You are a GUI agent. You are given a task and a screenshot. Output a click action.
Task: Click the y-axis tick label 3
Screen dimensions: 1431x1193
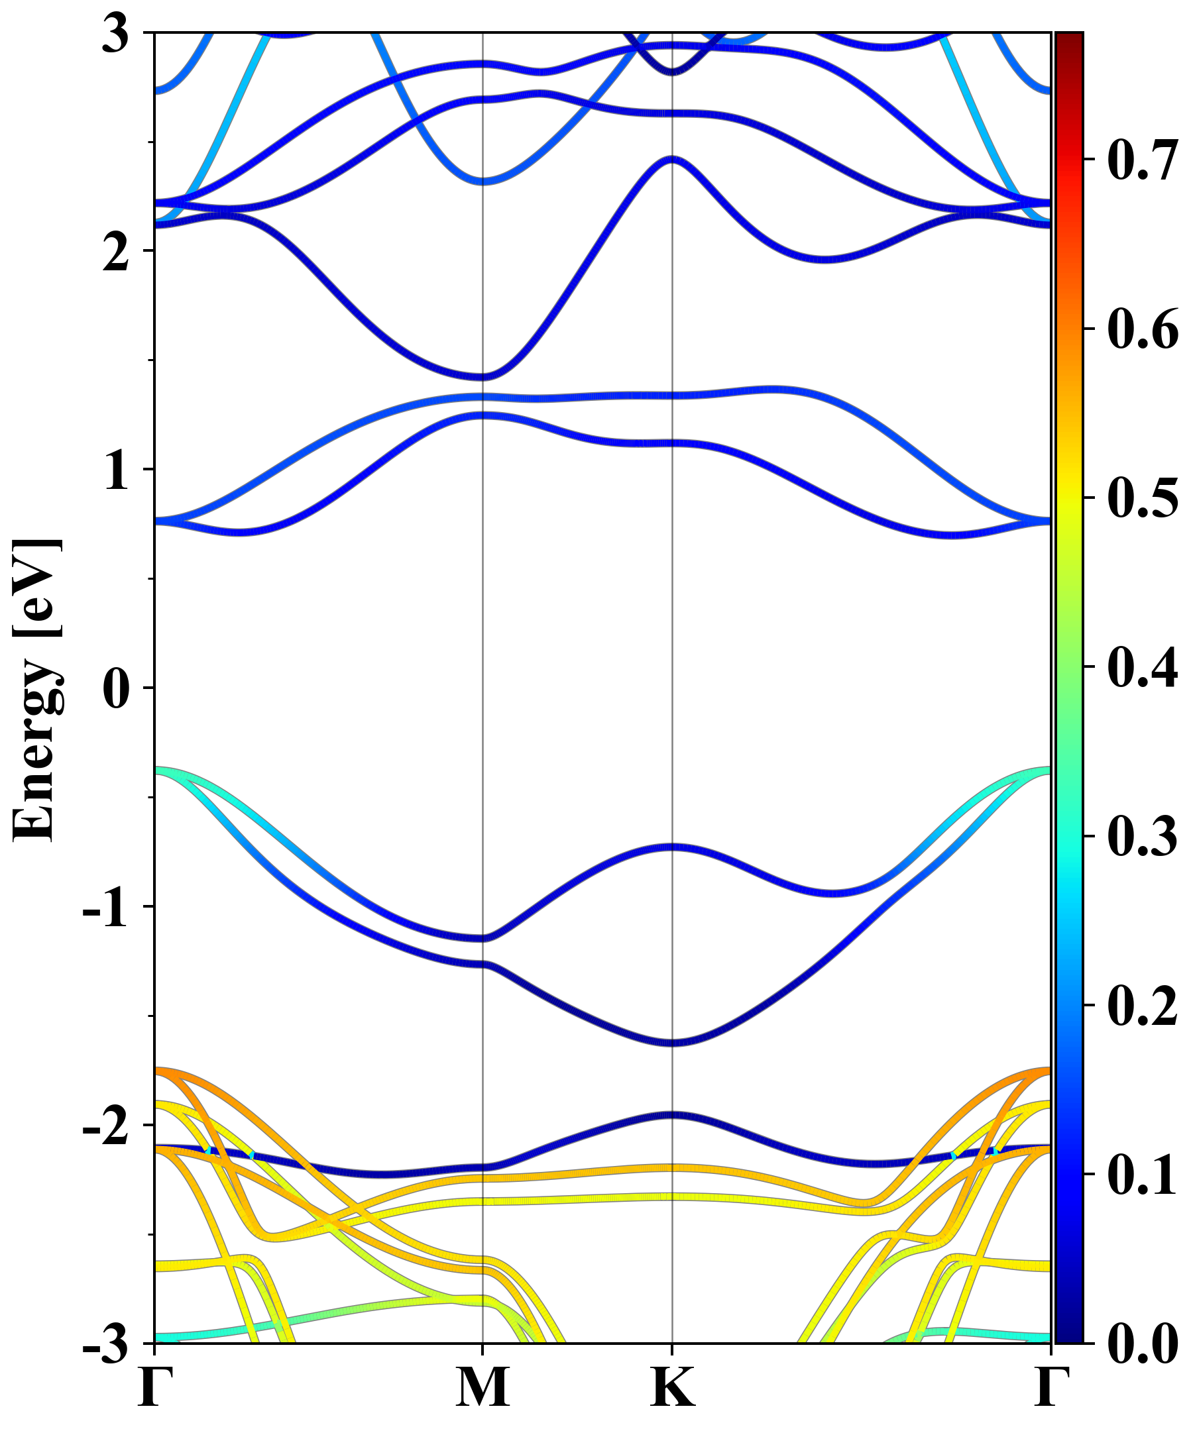(x=115, y=34)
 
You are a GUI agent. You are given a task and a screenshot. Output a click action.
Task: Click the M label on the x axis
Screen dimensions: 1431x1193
(x=483, y=1387)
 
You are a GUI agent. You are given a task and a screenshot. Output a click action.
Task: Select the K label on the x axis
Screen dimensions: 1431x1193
(x=673, y=1387)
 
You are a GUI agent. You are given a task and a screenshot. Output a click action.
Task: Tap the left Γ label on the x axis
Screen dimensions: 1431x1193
(x=154, y=1387)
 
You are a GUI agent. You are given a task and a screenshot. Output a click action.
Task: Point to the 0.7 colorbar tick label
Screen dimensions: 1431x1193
(x=1142, y=160)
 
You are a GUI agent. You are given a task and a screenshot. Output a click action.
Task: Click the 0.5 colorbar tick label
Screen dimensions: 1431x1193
(x=1142, y=498)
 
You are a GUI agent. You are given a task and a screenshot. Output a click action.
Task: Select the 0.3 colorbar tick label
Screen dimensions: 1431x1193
(x=1142, y=835)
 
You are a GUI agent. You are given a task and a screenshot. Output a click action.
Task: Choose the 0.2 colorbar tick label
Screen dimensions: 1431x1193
(x=1142, y=1004)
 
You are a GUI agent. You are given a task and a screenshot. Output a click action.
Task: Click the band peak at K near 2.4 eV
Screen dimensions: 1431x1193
(x=673, y=159)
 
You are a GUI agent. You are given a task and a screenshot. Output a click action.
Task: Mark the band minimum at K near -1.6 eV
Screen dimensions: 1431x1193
(x=673, y=1043)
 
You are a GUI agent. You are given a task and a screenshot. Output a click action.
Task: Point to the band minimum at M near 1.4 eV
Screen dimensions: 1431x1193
(x=483, y=377)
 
